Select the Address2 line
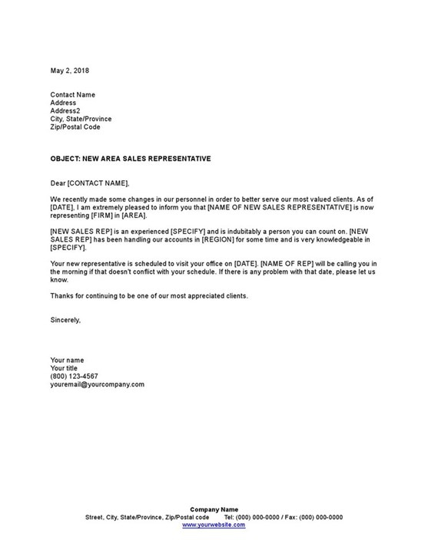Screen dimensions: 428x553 [x=65, y=110]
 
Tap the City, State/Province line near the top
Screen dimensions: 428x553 [x=81, y=119]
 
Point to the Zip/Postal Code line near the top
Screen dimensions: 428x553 [x=75, y=127]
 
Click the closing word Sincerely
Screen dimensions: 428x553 [x=65, y=320]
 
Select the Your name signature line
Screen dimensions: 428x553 [x=68, y=359]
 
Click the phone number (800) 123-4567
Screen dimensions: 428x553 [x=74, y=376]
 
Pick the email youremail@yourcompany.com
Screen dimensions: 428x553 [x=97, y=384]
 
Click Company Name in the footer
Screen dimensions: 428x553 [x=214, y=509]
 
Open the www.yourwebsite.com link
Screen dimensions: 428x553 [x=214, y=525]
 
